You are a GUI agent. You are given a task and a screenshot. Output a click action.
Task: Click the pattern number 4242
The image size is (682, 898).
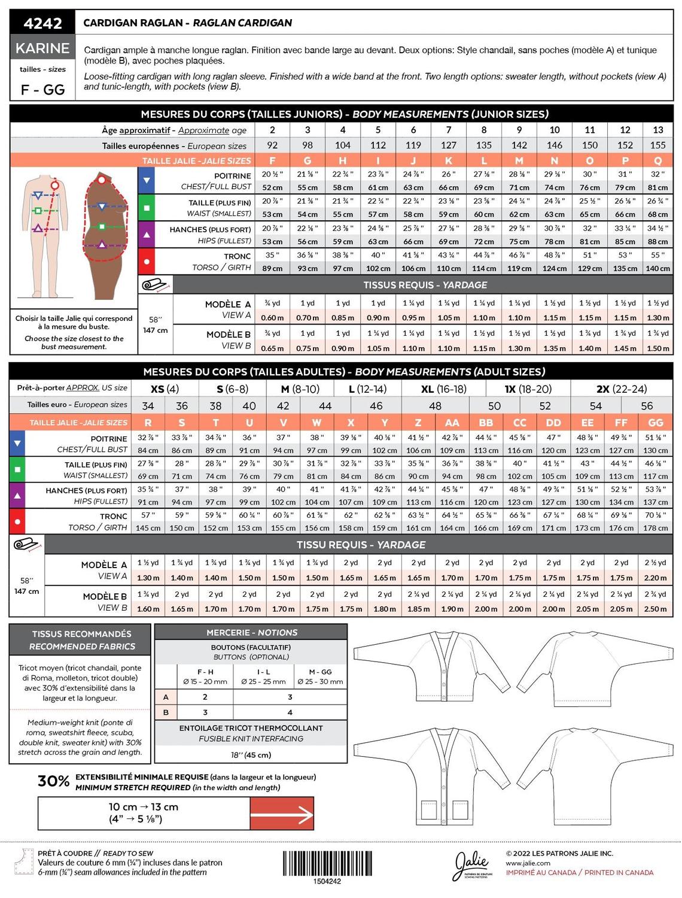pos(42,23)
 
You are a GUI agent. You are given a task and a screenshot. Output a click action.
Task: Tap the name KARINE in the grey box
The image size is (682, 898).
pos(42,48)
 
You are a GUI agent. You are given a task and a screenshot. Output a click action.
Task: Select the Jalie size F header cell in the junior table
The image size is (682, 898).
pos(273,160)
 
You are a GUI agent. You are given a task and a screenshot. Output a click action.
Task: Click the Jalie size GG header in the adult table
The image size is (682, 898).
pos(656,422)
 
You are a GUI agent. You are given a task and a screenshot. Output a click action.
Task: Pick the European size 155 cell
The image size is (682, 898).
pos(657,145)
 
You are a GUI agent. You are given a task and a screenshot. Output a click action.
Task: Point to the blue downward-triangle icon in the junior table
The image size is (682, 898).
pos(147,180)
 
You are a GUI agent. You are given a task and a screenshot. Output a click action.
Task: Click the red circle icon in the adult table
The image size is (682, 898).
pos(17,521)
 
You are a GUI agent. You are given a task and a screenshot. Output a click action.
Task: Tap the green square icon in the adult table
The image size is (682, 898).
pos(17,469)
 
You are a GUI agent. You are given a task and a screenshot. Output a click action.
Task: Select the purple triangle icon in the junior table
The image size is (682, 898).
pos(147,235)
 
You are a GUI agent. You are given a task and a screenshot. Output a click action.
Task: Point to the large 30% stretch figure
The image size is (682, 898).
pos(54,781)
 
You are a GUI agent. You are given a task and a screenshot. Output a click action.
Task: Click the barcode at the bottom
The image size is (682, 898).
pos(327,863)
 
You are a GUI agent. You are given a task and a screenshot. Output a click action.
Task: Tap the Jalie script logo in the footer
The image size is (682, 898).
pos(471,864)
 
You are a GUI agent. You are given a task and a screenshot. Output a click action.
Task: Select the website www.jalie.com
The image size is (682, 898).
pos(528,863)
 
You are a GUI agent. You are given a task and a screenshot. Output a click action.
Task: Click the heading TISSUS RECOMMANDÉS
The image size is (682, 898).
pos(82,633)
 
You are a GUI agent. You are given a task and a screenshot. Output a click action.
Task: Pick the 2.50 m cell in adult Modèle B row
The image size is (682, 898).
pos(656,609)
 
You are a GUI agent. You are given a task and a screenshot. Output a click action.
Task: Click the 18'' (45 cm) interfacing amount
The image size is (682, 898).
pos(251,754)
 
